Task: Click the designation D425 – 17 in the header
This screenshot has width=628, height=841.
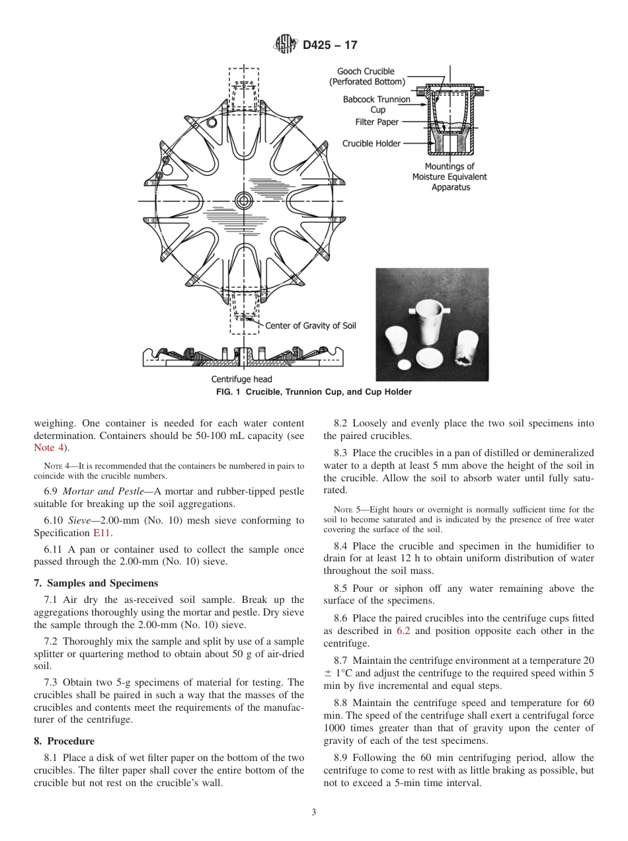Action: (x=331, y=46)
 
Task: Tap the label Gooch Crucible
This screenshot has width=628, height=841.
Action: (x=366, y=71)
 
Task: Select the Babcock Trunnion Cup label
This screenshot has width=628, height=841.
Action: (x=376, y=104)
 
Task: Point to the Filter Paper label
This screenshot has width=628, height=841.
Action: (x=377, y=122)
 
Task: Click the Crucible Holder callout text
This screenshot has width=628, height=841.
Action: (x=371, y=143)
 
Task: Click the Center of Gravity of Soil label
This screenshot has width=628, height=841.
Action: (x=310, y=326)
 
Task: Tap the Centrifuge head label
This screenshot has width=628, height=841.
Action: (x=241, y=380)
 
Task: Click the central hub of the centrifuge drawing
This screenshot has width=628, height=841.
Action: (x=244, y=200)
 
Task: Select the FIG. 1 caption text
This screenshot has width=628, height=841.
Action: (x=314, y=392)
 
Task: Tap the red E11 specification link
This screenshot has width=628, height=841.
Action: (x=102, y=532)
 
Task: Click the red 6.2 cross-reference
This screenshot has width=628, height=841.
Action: (x=403, y=631)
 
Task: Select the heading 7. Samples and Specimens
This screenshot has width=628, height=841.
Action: (x=96, y=583)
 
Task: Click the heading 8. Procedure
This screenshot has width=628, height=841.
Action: (x=64, y=741)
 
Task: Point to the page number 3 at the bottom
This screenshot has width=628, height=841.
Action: (x=314, y=813)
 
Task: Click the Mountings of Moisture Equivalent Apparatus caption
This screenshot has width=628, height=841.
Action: (x=450, y=177)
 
